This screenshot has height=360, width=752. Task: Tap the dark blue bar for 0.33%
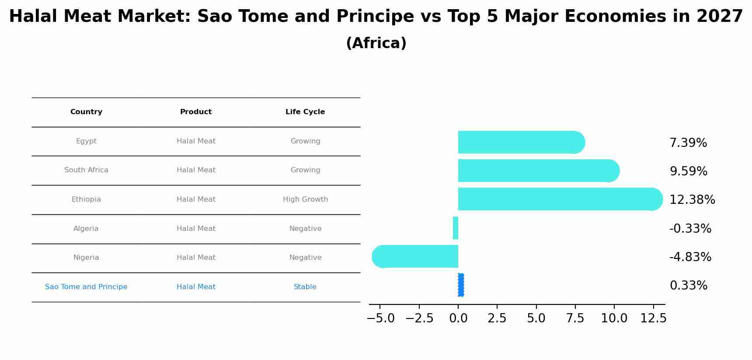461,285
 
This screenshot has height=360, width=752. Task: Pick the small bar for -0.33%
456,228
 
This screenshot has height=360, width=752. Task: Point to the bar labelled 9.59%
536,171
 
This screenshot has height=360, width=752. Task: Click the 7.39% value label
688,143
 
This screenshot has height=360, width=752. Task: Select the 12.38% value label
692,200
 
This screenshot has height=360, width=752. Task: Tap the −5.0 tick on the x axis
380,318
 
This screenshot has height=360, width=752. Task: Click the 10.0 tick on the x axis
614,318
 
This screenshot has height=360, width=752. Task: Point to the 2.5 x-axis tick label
497,318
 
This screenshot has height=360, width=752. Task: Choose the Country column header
86,112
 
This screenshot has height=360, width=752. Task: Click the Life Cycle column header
305,112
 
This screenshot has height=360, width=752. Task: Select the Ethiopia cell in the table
86,199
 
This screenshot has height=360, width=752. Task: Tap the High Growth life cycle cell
305,199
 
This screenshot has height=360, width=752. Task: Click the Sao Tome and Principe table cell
86,287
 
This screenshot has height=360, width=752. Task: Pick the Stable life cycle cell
305,287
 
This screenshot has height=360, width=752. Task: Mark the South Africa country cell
86,170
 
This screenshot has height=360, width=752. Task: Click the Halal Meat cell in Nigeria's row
196,258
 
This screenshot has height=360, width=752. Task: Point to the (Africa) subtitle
376,43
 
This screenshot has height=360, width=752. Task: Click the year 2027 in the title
720,17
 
